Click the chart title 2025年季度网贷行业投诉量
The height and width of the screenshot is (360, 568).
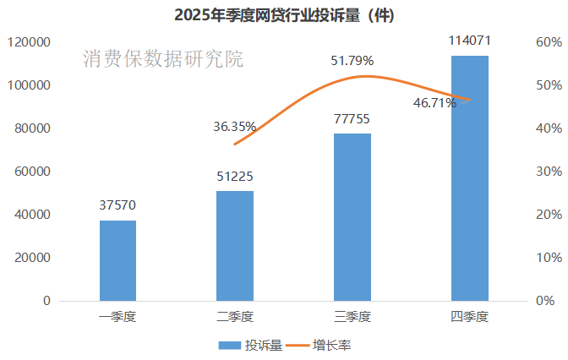(x=284, y=14)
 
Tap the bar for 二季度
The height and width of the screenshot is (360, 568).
(x=235, y=246)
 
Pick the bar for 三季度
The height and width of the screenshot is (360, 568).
(x=352, y=217)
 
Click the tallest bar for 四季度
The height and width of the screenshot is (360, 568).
(x=469, y=178)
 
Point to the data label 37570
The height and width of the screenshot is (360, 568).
(x=117, y=205)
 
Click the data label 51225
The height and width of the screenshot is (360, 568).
(x=235, y=177)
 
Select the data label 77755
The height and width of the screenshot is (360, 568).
(x=352, y=119)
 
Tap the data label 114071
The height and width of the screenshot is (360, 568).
(x=469, y=41)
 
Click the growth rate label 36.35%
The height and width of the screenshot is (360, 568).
(x=235, y=127)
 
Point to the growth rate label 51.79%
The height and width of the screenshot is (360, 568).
(x=352, y=60)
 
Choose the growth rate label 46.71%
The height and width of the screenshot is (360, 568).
(x=434, y=103)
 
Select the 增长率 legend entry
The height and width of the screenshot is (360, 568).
(x=319, y=345)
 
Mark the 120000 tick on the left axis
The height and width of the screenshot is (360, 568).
(x=30, y=42)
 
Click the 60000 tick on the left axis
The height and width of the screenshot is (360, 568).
(x=33, y=172)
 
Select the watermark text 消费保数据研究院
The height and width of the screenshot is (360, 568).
(x=163, y=59)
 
